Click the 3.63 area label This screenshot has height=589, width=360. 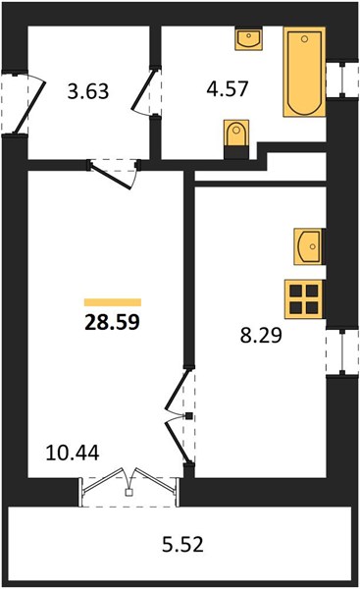pos(88,91)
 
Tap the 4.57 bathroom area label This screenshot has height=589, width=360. pos(228,89)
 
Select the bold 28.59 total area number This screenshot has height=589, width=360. pos(112,322)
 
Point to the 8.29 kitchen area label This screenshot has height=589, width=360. pos(261,335)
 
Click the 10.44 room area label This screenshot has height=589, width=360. pos(73,453)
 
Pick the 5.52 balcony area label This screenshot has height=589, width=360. pos(182,544)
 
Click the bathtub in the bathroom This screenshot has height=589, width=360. pos(304,72)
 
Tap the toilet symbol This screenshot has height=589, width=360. pos(236,134)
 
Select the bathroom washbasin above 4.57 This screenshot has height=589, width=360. pos(248,38)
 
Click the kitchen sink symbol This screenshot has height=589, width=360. pos(308,246)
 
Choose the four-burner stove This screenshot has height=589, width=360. pos(304,299)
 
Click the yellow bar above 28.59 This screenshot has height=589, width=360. pos(113,302)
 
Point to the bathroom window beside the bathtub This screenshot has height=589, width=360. pos(342,80)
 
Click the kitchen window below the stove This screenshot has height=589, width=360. pos(342,352)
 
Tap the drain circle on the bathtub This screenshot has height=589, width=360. pos(304,39)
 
